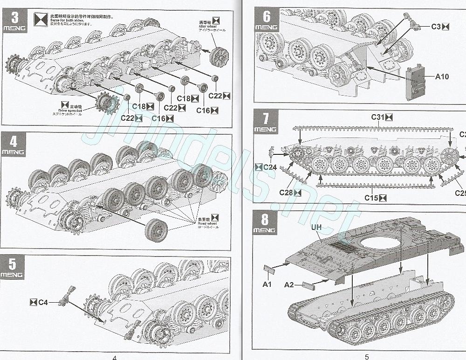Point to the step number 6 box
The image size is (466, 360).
click(x=267, y=20)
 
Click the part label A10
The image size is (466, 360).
click(x=442, y=76)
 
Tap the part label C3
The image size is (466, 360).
click(x=436, y=27)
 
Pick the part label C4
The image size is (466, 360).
click(x=43, y=302)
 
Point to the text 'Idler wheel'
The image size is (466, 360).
click(x=209, y=27)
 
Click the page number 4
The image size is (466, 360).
click(x=114, y=357)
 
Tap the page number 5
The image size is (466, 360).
click(x=367, y=357)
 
